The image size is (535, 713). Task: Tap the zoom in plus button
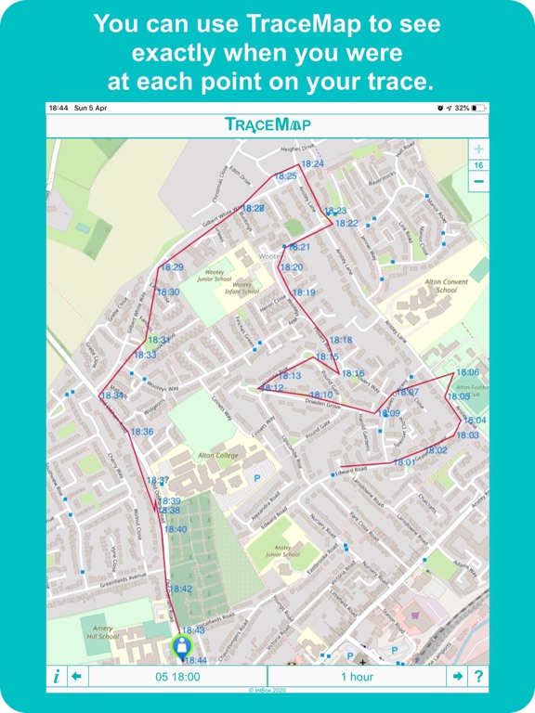(478, 149)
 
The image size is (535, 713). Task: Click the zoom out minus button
(478, 182)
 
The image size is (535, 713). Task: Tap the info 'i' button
(56, 677)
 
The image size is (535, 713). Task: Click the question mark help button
(479, 677)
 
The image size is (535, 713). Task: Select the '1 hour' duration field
(357, 677)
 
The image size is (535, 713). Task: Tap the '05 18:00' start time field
(179, 677)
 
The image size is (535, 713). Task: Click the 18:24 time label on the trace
(312, 164)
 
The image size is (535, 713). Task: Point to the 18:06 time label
(468, 373)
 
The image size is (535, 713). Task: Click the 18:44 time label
(194, 660)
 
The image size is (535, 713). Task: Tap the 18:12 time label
(272, 388)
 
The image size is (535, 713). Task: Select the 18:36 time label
(142, 433)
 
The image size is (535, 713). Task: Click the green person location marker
(183, 647)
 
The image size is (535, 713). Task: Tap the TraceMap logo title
(267, 124)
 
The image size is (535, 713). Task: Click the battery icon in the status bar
(477, 108)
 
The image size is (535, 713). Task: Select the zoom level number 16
(478, 165)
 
